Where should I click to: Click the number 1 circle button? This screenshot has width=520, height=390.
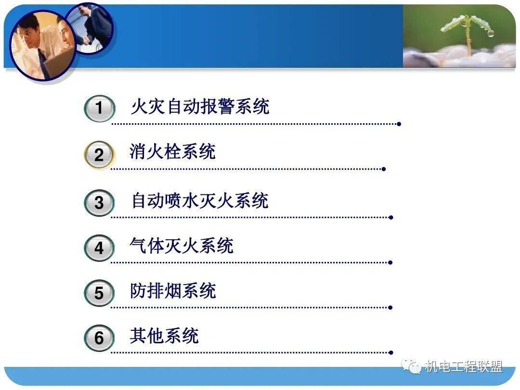click(x=99, y=108)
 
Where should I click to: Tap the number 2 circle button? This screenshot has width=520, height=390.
click(x=99, y=155)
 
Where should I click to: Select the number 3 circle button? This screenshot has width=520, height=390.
click(x=99, y=203)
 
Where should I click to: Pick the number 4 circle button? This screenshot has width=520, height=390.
click(x=99, y=248)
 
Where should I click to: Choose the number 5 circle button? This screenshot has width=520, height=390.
click(x=99, y=293)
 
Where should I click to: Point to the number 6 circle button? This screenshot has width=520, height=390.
click(x=99, y=338)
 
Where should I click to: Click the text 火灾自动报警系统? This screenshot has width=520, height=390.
click(x=200, y=106)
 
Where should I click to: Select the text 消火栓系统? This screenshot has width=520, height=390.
click(x=172, y=152)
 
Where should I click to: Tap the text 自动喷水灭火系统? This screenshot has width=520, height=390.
click(x=200, y=200)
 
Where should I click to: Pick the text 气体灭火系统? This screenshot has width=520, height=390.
click(x=182, y=246)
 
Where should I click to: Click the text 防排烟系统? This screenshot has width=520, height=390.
click(x=173, y=291)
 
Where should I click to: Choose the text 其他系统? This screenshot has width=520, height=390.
click(x=164, y=336)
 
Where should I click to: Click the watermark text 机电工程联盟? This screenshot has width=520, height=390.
click(x=464, y=367)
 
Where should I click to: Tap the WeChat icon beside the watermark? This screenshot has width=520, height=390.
click(x=412, y=367)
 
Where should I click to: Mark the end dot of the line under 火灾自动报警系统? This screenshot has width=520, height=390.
click(x=399, y=124)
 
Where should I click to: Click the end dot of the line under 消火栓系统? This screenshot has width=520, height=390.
click(x=383, y=169)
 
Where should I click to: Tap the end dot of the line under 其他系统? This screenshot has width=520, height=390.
click(x=390, y=352)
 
